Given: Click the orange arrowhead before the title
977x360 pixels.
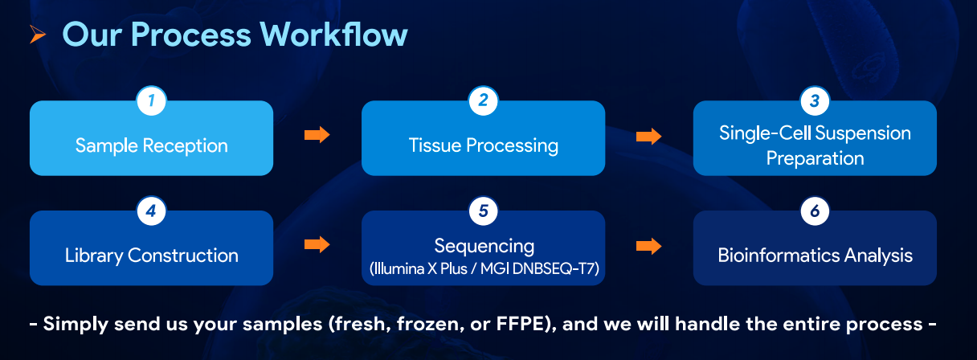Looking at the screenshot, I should tap(38, 35).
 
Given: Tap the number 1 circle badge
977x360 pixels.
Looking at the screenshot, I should tap(151, 101).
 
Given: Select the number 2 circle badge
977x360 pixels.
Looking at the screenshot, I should tap(483, 101).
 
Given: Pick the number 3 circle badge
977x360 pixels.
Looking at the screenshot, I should tap(815, 101).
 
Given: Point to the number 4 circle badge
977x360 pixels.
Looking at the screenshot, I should tap(151, 211).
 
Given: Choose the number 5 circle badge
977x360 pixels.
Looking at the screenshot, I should tap(483, 211).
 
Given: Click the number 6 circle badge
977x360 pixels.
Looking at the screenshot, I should tap(815, 211).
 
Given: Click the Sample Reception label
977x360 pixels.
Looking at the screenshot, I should tap(151, 145).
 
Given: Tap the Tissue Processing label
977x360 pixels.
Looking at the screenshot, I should tap(483, 145).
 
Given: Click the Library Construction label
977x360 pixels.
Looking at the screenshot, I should tap(151, 256).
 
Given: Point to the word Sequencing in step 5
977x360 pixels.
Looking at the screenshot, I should tap(484, 245).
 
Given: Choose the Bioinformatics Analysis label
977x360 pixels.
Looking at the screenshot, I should tap(815, 256).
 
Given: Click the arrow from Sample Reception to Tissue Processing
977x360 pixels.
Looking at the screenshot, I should tap(317, 135).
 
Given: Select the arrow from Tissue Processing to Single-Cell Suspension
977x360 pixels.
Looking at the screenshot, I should tap(648, 136).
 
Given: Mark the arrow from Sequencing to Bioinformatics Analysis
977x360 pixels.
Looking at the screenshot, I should tap(648, 246).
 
